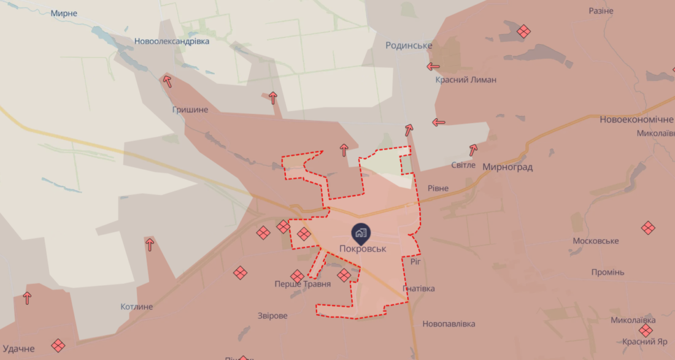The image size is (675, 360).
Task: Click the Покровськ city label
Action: pos(363,249)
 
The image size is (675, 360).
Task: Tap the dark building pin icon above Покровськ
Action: pos(360,232)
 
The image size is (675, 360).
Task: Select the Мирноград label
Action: pos(507,167)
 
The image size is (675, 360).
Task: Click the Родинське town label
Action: pos(409,45)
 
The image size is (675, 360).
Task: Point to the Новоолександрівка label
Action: pos(172,41)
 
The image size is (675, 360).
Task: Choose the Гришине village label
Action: pos(190,109)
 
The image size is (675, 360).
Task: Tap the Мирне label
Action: pos(64,13)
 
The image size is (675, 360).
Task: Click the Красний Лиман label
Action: pos(466,80)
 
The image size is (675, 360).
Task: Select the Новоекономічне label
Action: pos(636,120)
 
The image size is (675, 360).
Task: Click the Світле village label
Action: pos(463,165)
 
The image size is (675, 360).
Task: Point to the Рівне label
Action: pos(438,188)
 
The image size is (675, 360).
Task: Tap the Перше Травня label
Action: pos(303,284)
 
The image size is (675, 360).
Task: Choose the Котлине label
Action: pos(137,307)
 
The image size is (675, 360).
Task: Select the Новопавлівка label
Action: pos(449,324)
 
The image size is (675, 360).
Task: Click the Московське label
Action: pos(595,241)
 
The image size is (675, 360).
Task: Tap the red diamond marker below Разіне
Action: pos(523,31)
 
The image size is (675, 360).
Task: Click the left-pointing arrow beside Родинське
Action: pos(433,66)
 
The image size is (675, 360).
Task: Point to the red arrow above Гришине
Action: pos(167,82)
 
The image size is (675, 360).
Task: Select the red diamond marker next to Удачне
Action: pos(58,346)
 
